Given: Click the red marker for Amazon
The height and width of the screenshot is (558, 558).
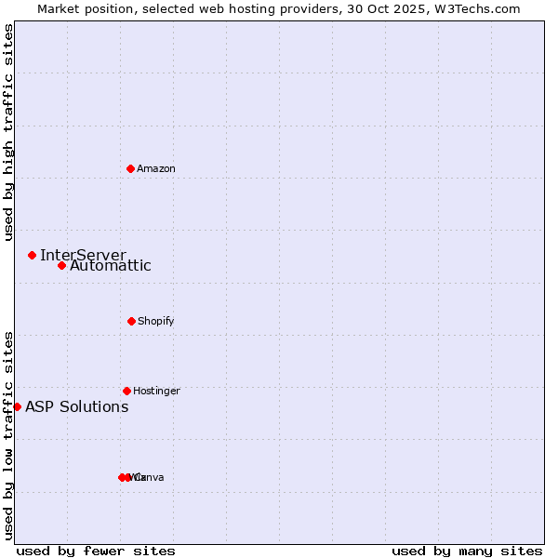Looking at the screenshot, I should click(130, 168).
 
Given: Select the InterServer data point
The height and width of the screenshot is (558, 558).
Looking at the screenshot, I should click(32, 255).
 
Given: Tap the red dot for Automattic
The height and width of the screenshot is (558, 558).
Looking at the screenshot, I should click(61, 266).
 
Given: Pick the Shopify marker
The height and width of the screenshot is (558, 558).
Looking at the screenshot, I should click(131, 321).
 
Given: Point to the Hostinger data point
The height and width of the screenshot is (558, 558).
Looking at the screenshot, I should click(126, 391).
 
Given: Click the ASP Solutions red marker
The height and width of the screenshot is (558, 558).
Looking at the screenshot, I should click(17, 406).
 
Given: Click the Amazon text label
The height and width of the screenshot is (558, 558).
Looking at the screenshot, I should click(156, 168).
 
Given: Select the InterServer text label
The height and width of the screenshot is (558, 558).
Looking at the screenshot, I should click(83, 255).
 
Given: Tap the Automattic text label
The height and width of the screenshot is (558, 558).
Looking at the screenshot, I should click(111, 266).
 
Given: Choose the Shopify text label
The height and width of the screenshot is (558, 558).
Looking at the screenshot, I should click(156, 321).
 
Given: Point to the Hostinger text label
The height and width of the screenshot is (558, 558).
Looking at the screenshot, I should click(156, 391).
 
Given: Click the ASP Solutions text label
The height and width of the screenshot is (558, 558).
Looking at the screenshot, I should click(77, 406).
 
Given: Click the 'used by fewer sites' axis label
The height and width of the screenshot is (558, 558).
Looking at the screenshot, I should click(96, 551).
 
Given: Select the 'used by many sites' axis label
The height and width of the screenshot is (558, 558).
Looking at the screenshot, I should click(467, 551).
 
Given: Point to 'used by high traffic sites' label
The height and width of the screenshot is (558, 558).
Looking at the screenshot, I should click(8, 132).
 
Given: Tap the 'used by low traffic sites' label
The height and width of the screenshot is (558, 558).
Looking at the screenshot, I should click(8, 435).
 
